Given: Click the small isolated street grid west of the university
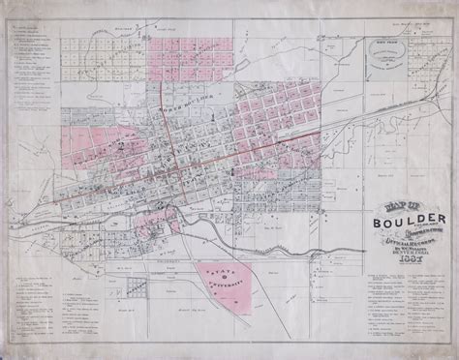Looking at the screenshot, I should [139, 286].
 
